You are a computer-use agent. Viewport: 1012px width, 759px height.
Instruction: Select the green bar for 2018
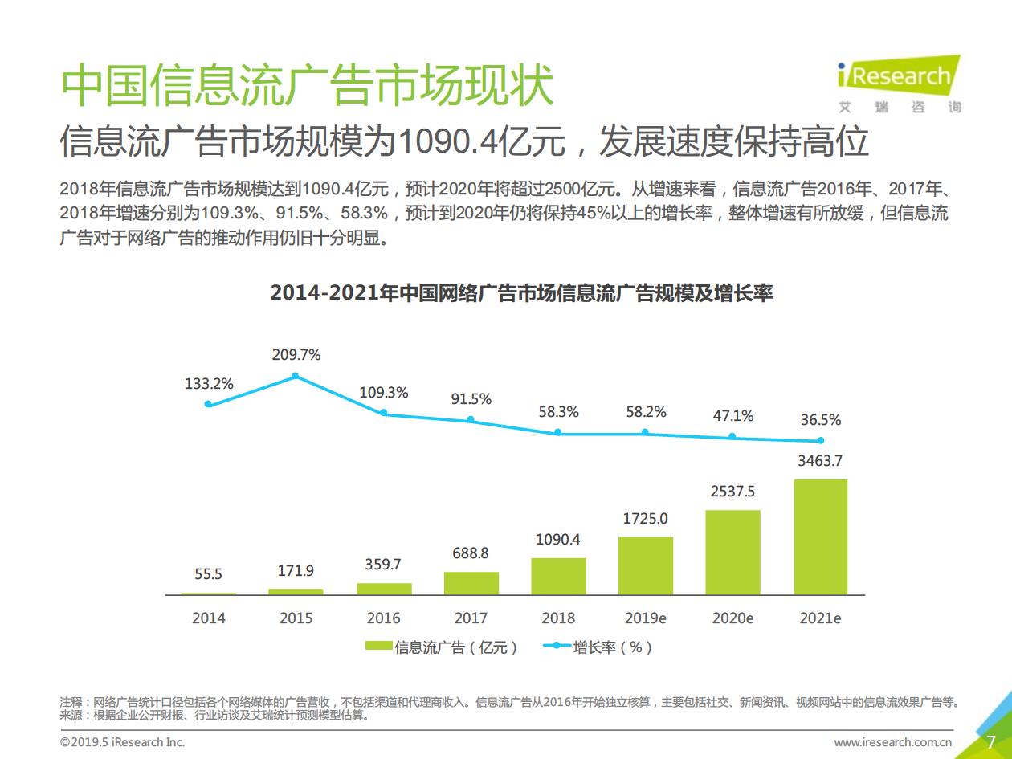point(558,577)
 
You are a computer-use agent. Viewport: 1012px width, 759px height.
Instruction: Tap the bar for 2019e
point(646,566)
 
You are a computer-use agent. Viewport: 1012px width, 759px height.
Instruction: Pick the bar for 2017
point(471,583)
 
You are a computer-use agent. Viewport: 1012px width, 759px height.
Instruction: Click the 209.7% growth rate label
point(296,355)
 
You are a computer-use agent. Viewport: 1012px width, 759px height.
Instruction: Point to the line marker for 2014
point(208,404)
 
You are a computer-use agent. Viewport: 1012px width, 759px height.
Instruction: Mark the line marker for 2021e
point(821,441)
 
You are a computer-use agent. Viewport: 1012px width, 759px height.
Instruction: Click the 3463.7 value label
point(820,461)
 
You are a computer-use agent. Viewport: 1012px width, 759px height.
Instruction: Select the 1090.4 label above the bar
point(558,539)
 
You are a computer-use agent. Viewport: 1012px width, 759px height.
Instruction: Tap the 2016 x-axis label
point(384,618)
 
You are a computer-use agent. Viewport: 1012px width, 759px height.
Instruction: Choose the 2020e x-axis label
point(732,618)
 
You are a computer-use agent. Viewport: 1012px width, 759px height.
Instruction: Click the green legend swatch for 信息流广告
point(378,646)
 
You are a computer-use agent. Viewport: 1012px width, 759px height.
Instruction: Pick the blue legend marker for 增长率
point(557,646)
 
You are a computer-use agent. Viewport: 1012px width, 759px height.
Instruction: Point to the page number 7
point(990,742)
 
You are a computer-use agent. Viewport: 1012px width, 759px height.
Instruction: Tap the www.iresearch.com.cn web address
point(892,742)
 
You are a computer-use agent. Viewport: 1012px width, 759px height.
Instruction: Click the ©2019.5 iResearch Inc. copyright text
point(122,742)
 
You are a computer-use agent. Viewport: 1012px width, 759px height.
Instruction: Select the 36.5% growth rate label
point(821,420)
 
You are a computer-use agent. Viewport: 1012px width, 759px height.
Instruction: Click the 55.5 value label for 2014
point(208,574)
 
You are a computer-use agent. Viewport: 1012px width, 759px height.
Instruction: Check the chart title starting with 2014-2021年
point(521,293)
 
